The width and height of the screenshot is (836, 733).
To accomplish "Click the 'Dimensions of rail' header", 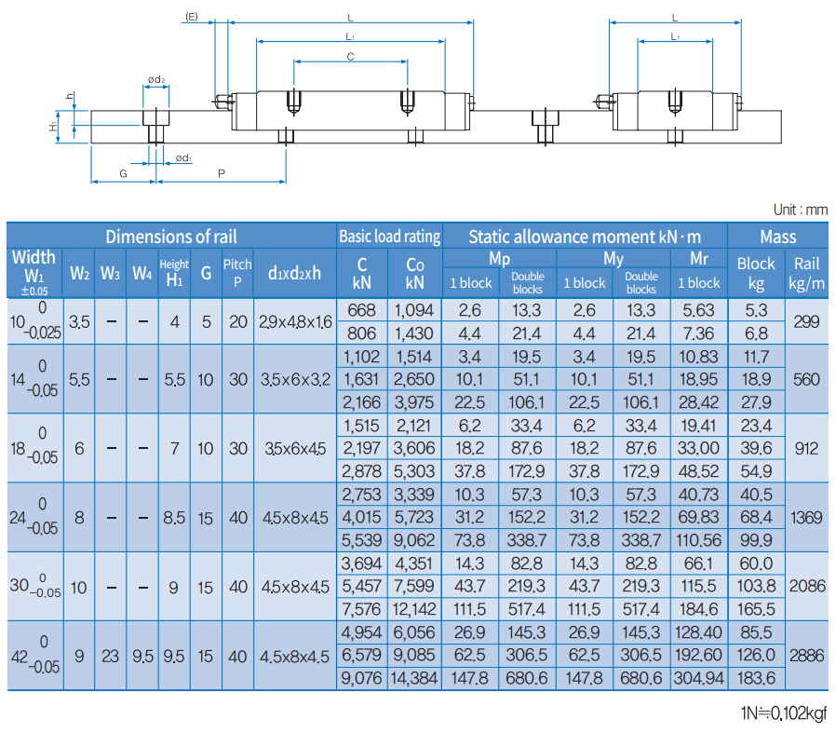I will pos(171,237).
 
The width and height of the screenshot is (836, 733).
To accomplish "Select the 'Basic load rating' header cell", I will pos(389,237).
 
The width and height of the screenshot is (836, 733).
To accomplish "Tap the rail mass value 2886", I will pos(806,656).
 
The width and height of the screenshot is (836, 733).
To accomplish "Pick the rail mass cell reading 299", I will pos(806,322).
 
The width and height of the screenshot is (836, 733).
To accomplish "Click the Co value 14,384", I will pos(415,679).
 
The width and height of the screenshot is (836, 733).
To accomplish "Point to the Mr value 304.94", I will pos(698,679).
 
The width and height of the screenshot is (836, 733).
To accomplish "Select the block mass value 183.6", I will pos(756,679).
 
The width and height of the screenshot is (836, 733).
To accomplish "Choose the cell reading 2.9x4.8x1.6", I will pos(294,322).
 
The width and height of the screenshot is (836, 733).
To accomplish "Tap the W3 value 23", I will pos(111,656).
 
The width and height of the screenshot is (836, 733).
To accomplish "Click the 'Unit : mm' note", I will pos(800,210).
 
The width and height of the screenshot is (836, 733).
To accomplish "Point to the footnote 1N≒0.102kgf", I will pos(783,714).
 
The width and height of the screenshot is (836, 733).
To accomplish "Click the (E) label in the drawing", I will pos(192,17).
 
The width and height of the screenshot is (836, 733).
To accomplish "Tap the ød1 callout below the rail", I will pos(182,158).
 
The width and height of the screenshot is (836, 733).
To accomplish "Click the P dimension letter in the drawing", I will pos(221,174).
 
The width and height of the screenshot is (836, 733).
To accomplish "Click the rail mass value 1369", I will pos(806,517).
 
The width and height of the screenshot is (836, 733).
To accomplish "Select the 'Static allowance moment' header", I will pos(585,237).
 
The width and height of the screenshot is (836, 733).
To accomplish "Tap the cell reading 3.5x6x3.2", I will pos(294,379).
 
